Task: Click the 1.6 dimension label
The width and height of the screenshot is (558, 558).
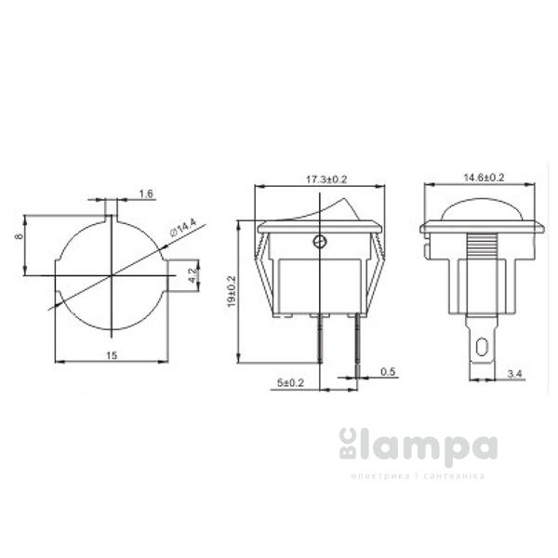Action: (x=146, y=194)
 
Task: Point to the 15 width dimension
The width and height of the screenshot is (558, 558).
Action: (x=112, y=354)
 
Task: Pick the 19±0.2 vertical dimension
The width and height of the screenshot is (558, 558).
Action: (x=232, y=291)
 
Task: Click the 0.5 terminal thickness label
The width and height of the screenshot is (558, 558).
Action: (x=389, y=373)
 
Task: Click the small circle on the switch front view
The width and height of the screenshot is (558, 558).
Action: (x=320, y=243)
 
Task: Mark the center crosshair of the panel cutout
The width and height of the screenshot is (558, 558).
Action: (x=112, y=274)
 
